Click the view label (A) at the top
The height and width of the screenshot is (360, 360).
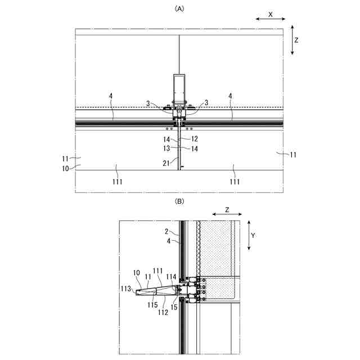point(179,8)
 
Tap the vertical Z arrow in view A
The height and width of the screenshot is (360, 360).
point(292,40)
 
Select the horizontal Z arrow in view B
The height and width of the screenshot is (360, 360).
point(227,214)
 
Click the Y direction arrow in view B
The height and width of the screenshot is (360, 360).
point(248,236)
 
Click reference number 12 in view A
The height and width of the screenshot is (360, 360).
point(195,138)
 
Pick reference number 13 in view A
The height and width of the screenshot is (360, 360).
point(167,148)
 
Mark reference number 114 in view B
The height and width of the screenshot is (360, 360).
point(171,277)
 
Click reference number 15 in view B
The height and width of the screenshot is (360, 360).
point(174,308)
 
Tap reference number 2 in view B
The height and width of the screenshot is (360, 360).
point(167,231)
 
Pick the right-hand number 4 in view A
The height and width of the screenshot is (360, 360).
point(231,96)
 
